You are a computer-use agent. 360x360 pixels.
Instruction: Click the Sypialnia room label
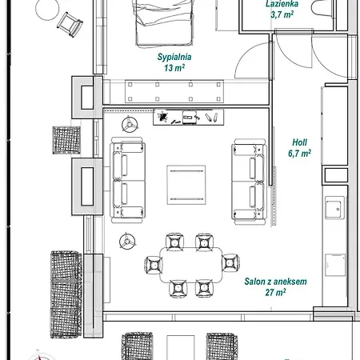coord(174,57)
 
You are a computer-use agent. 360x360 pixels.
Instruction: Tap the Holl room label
coord(300,142)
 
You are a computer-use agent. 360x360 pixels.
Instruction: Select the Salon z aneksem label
coord(275,282)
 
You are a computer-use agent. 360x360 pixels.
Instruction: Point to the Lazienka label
coord(282,4)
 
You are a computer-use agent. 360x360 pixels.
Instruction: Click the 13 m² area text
coord(174,68)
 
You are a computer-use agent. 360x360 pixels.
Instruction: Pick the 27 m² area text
coord(275,292)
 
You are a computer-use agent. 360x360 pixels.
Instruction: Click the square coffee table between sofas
coord(186,185)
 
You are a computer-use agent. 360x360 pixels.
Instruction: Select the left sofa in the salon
coord(127,180)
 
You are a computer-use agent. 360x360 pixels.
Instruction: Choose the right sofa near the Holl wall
coord(249,182)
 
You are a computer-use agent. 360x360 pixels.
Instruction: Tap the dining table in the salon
coord(191,265)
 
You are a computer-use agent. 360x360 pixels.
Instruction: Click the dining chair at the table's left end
coord(154,265)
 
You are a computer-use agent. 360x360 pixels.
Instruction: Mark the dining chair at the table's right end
coord(230,263)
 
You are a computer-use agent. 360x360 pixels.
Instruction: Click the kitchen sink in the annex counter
coord(334,208)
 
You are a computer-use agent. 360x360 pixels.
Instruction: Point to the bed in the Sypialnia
coord(164,22)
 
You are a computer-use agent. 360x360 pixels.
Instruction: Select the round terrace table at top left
coord(47,9)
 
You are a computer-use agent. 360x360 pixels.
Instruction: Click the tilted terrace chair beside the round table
coord(70,24)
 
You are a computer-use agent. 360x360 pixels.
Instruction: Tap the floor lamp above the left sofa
coord(130,125)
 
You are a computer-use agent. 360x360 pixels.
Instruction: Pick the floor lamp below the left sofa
coord(127,242)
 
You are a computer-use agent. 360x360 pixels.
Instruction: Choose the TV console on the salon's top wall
coord(189,117)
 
